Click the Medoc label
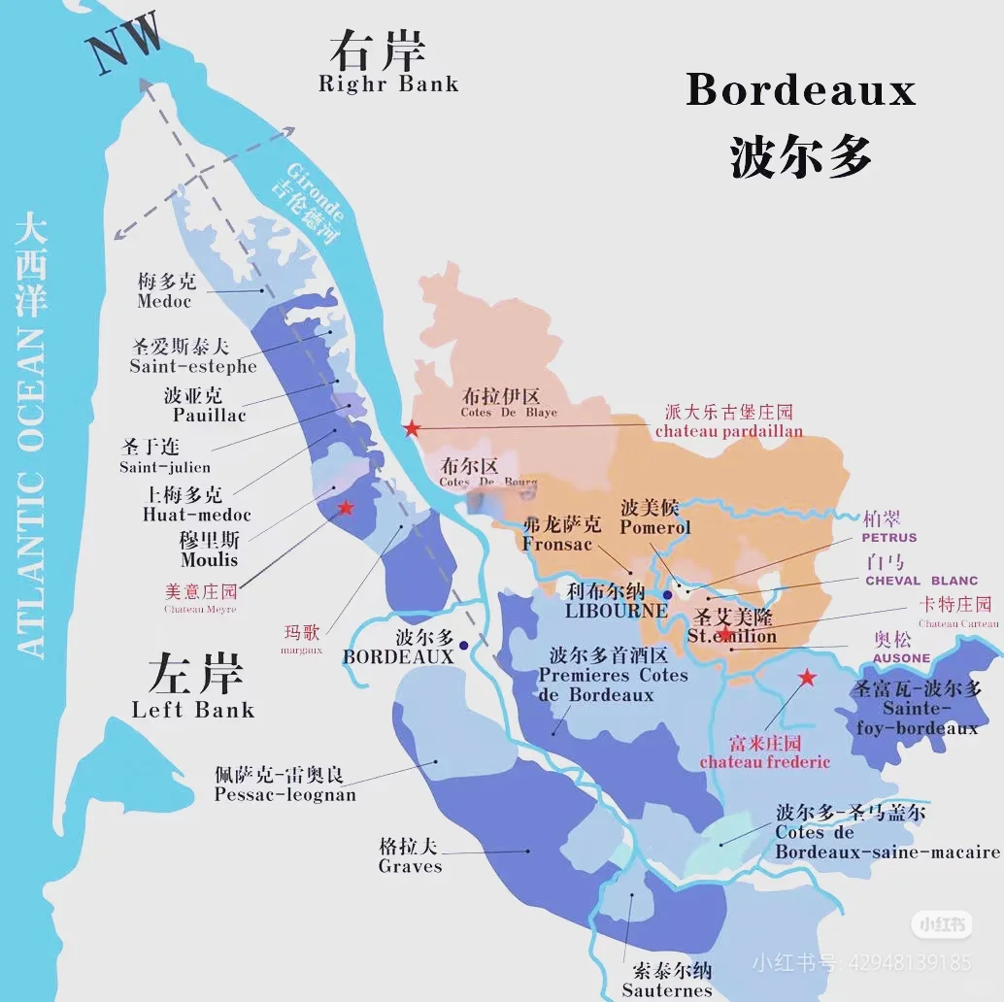pyautogui.click(x=164, y=301)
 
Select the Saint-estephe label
pyautogui.click(x=192, y=366)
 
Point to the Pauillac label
pyautogui.click(x=209, y=415)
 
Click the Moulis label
pyautogui.click(x=209, y=559)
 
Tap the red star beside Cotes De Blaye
pyautogui.click(x=413, y=428)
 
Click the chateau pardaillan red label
pyautogui.click(x=728, y=430)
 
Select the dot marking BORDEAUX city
pyautogui.click(x=464, y=645)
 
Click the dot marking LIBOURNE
pyautogui.click(x=667, y=594)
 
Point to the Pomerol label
pyautogui.click(x=654, y=527)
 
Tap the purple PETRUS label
pyautogui.click(x=888, y=536)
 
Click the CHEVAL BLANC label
pyautogui.click(x=920, y=581)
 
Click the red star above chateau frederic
pyautogui.click(x=807, y=678)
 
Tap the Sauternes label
pyautogui.click(x=667, y=990)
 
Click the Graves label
pyautogui.click(x=410, y=866)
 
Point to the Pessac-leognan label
pyautogui.click(x=284, y=794)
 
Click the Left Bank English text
pyautogui.click(x=192, y=709)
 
